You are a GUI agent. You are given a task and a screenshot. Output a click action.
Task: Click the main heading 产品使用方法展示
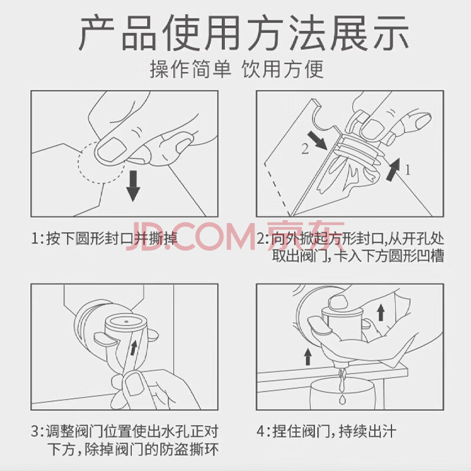244,33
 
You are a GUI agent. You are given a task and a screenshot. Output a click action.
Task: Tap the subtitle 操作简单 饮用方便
237,69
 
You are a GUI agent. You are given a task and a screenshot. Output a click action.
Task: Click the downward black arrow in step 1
133,186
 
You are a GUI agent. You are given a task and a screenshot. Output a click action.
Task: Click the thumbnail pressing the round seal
111,150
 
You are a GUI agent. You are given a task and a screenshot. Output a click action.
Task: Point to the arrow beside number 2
317,140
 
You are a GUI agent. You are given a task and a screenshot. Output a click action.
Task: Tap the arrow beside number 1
393,170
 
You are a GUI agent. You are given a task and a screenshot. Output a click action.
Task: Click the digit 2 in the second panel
305,149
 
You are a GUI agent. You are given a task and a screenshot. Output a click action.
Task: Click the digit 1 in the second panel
407,170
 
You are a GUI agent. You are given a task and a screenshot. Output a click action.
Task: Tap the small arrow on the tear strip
134,348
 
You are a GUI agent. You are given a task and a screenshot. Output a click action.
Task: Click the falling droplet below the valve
342,400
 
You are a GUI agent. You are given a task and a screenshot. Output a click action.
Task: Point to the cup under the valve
343,394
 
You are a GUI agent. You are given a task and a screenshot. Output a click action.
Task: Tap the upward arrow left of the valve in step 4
307,357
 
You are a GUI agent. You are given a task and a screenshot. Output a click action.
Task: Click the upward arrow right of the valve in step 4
381,313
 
